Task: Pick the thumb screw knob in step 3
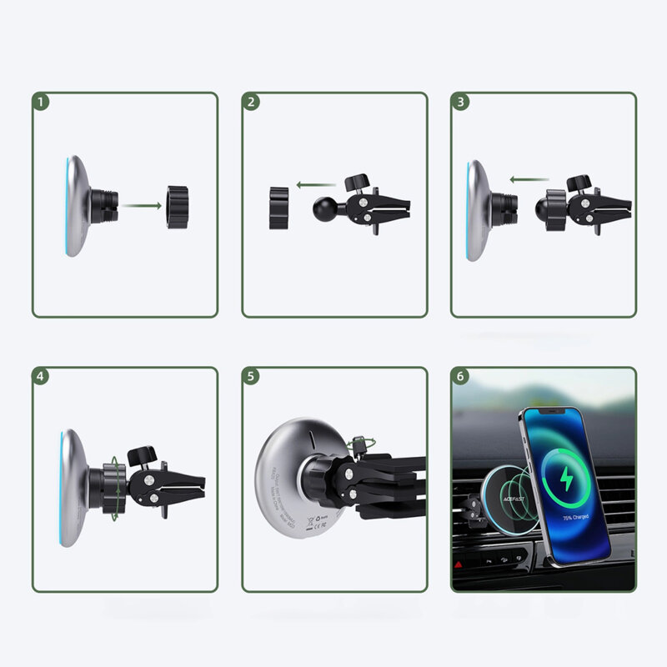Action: pos(579,183)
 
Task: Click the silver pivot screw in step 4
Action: pos(146,481)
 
